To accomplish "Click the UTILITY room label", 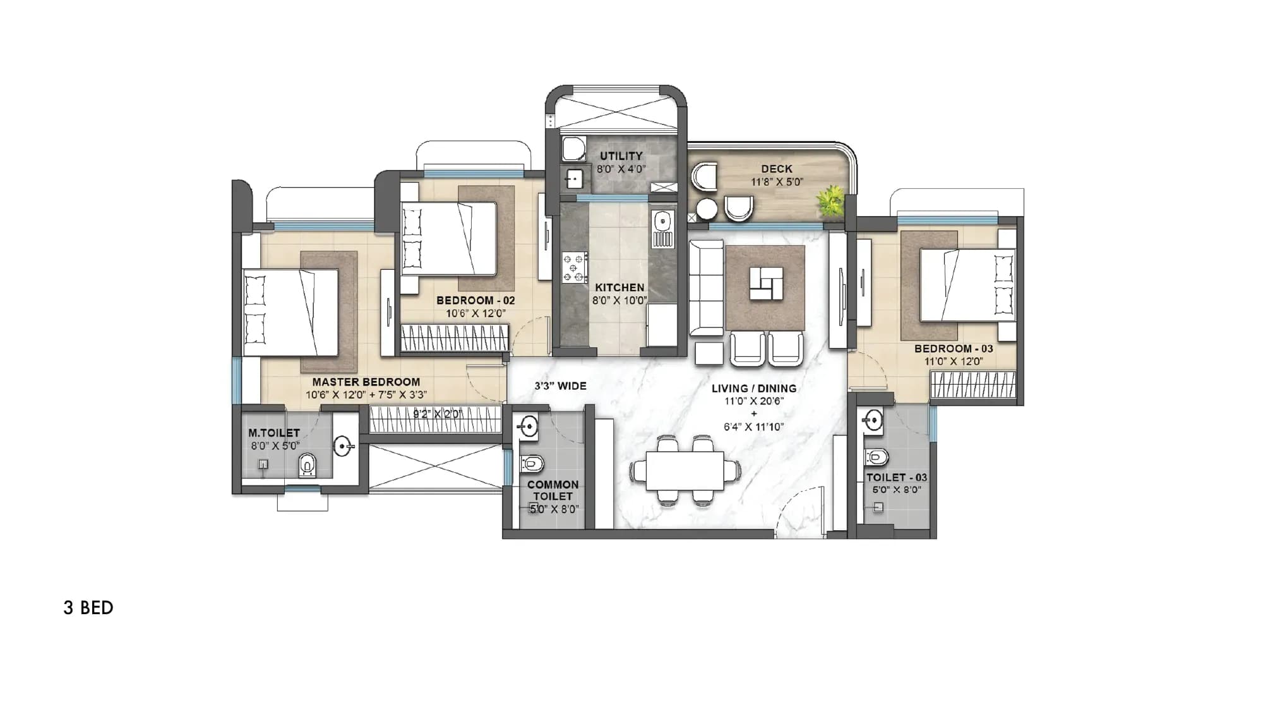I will [621, 155].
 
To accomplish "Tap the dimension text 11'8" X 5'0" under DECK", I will [777, 182].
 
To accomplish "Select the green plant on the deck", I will [831, 200].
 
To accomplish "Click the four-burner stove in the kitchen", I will [575, 267].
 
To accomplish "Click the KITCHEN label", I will [620, 287].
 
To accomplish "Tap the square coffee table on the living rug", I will [766, 284].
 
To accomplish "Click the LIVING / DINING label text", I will [754, 388].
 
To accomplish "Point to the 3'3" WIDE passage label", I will [560, 385].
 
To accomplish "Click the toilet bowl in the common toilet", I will [532, 464].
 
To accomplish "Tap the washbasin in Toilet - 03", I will [873, 420].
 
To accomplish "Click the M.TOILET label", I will [273, 433].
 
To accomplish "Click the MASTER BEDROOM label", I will [366, 382].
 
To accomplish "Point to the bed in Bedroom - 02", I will [448, 238].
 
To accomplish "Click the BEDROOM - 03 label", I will [953, 349].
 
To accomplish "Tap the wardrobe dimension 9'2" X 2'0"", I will [438, 414].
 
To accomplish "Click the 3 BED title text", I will [88, 608].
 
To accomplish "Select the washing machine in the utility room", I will [574, 148].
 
